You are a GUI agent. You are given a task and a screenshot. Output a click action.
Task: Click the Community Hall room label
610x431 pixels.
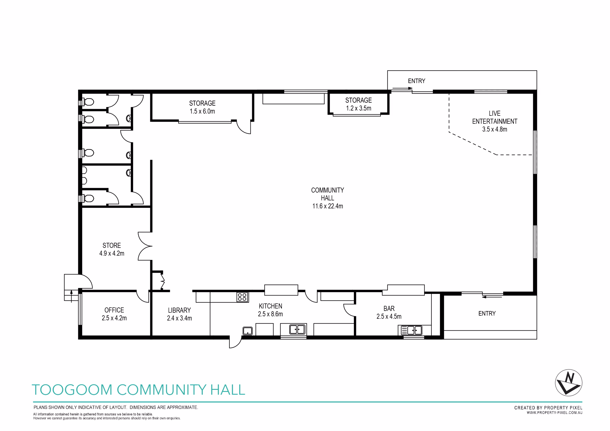coord(327,198)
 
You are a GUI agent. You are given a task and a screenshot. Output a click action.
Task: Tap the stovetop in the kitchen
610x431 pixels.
coord(242,297)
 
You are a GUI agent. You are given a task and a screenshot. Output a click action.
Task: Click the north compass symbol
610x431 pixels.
coord(569,383)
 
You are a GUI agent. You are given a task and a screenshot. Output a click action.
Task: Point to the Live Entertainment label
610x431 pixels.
coord(494,121)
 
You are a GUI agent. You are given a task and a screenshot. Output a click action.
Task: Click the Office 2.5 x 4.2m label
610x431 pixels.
coord(114,314)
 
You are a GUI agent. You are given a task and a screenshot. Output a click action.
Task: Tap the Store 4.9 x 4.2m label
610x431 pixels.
coord(112,249)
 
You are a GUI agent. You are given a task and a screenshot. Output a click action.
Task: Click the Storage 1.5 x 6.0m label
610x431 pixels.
coord(202,107)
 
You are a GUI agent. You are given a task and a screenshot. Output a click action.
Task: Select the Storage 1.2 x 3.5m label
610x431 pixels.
coord(358,104)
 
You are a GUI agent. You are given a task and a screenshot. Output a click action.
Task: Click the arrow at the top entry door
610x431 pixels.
coord(402,88)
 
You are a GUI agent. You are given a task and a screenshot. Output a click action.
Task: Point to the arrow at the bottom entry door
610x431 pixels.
coord(492,297)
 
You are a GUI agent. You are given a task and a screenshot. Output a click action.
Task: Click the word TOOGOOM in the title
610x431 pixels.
coord(72,390)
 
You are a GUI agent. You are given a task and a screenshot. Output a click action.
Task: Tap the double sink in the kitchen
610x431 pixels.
coord(297,330)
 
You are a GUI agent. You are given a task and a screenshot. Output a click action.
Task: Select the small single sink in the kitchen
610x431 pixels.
coord(247,331)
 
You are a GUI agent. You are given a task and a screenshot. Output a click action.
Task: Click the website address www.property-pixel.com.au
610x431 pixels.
coord(554,413)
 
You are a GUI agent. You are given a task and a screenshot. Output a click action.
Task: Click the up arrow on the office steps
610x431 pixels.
coord(71,296)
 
